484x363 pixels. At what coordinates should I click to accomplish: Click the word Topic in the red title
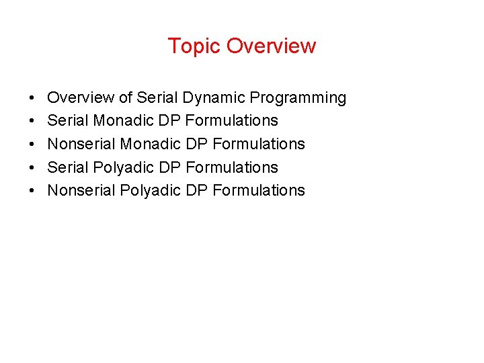click(194, 46)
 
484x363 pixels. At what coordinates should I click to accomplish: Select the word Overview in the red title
click(271, 46)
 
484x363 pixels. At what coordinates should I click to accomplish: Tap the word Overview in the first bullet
click(81, 98)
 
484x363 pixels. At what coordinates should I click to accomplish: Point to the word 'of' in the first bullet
click(126, 98)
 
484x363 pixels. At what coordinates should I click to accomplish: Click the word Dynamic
click(214, 98)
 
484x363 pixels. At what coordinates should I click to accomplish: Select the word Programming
click(298, 98)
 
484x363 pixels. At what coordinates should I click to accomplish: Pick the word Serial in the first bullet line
click(158, 98)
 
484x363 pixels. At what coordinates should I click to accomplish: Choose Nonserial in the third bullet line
click(81, 145)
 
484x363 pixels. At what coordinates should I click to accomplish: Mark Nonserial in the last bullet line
click(81, 191)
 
